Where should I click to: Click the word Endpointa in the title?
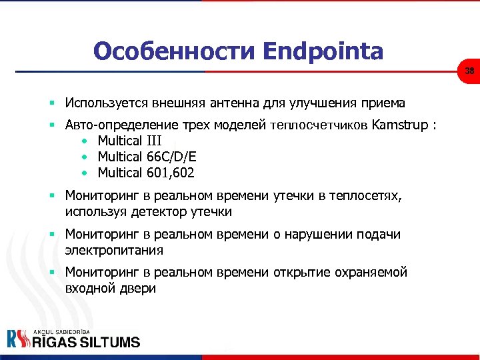pyautogui.click(x=323, y=51)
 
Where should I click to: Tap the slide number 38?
pyautogui.click(x=469, y=71)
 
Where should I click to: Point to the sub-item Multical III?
pyautogui.click(x=129, y=141)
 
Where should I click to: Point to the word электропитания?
pyautogui.click(x=115, y=251)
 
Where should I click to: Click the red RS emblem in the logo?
pyautogui.click(x=18, y=339)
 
